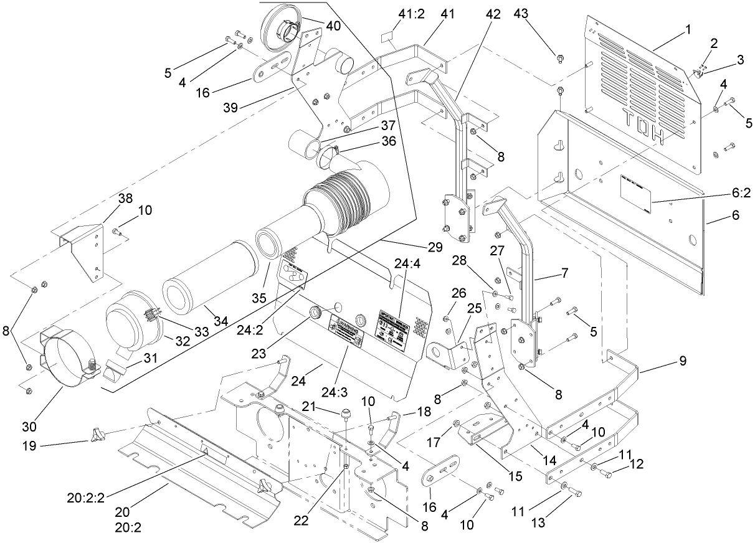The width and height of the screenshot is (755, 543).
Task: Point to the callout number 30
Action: coord(31,427)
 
